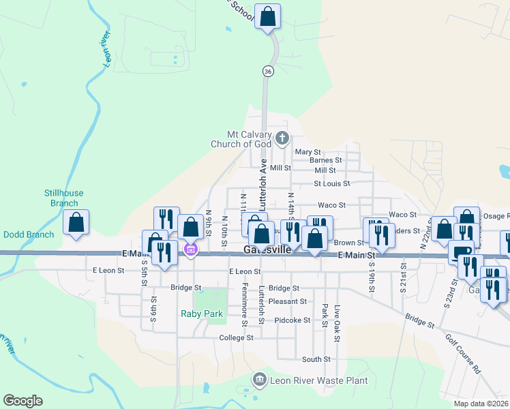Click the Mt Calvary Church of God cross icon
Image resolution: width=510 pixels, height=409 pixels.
tap(282, 140)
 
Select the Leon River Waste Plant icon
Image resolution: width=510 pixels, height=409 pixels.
tap(259, 379)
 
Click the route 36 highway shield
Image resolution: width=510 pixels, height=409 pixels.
tap(268, 71)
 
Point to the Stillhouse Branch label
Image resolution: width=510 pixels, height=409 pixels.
tap(63, 198)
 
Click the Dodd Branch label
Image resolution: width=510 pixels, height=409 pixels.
tap(29, 234)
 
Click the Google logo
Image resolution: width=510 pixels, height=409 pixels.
tap(22, 401)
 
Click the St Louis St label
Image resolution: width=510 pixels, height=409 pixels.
tap(331, 183)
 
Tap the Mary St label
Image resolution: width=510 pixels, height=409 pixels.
tap(307, 152)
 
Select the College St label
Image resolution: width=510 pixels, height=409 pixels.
tap(236, 337)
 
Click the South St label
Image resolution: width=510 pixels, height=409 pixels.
tap(316, 359)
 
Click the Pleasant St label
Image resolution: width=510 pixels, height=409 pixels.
tap(287, 301)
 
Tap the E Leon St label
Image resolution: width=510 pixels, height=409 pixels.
tap(108, 270)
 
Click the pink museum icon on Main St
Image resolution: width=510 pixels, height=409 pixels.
tap(190, 252)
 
